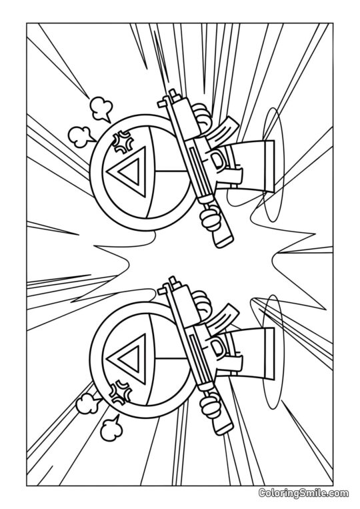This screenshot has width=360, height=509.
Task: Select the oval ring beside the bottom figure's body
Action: (271, 354)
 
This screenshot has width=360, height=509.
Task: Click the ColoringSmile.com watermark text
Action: (303, 493)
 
